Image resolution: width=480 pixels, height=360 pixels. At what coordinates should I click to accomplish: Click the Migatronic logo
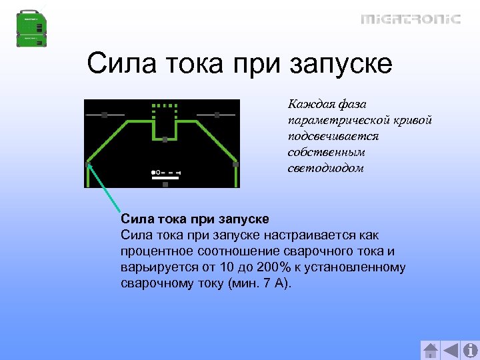[411, 19]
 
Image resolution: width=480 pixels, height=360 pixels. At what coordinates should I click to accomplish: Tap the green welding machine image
[32, 29]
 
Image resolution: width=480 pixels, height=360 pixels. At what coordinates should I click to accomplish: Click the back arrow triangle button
[451, 351]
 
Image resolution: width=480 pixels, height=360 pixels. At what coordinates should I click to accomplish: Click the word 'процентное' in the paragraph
[159, 251]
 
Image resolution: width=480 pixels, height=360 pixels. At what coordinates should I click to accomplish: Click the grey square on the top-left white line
[104, 115]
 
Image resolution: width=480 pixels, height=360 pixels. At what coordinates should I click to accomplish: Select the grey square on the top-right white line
[217, 115]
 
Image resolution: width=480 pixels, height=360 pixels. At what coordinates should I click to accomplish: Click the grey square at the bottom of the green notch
[165, 139]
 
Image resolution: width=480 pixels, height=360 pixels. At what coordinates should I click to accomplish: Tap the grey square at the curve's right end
[235, 164]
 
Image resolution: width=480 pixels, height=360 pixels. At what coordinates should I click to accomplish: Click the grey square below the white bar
[165, 184]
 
